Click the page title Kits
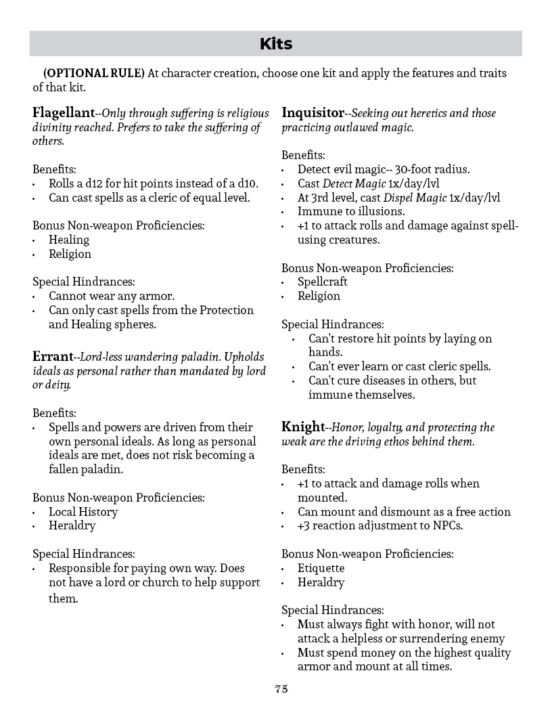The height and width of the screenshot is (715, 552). (276, 44)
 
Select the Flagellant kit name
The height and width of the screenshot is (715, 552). (64, 112)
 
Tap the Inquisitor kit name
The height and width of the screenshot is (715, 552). (313, 112)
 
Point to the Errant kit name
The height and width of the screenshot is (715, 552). (52, 356)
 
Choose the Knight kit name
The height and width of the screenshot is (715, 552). (303, 427)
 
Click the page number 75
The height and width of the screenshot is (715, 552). (281, 689)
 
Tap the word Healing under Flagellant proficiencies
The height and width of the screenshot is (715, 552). (69, 240)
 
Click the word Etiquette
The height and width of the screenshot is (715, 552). (321, 568)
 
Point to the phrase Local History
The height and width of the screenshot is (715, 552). (83, 512)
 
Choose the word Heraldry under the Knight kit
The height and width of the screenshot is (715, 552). (321, 582)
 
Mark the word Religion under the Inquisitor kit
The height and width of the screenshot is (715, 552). (319, 296)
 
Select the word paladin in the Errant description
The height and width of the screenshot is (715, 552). (202, 357)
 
